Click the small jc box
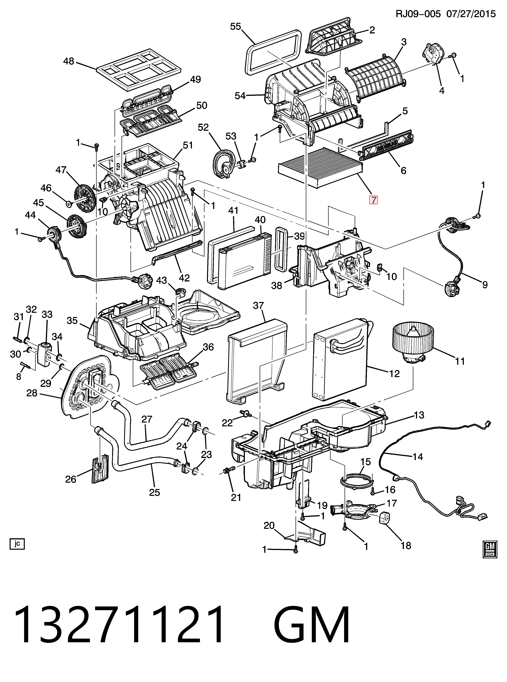tap(17, 543)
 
